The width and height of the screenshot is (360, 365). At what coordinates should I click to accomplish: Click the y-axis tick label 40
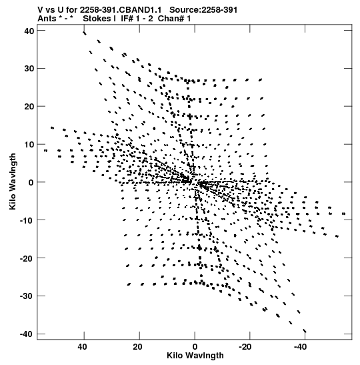29,31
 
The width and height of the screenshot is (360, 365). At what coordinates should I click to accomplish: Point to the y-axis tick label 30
29,69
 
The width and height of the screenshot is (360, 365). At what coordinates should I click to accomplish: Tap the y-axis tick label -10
27,220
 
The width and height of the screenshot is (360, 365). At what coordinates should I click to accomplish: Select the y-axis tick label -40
27,334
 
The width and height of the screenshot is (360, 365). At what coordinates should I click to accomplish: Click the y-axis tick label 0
31,182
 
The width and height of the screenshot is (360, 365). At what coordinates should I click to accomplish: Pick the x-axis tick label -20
245,347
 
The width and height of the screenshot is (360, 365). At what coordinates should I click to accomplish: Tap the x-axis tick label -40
300,347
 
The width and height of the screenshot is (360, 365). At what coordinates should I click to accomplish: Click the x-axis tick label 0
195,347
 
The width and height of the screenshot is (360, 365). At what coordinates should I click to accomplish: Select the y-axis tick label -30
27,296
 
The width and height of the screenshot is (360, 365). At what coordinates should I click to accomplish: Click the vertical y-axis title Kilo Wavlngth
13,181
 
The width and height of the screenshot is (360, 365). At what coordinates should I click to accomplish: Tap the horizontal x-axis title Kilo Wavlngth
195,356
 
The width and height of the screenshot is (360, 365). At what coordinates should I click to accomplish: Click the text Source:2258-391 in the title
203,10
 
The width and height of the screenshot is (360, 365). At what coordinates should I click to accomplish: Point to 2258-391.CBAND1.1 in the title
121,10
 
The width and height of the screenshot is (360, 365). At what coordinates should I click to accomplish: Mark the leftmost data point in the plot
45,151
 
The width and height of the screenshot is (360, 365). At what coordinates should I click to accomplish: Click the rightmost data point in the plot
344,214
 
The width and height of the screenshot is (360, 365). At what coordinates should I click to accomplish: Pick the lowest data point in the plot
305,331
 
